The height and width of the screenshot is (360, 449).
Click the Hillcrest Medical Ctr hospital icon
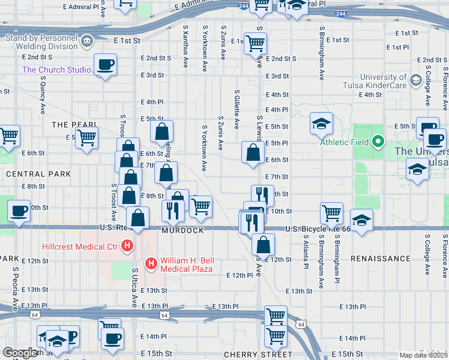coord(127,245)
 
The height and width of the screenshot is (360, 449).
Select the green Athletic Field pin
coord(378,142)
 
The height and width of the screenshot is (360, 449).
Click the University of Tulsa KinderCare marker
coord(415,80)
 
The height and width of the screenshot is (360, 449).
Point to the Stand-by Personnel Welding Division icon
coord(88,41)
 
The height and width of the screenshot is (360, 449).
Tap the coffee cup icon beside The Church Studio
coord(105,65)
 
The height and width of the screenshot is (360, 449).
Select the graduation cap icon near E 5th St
coord(321,124)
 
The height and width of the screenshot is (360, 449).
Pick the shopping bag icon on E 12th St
coord(263,244)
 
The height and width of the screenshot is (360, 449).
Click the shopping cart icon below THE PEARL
coord(87,138)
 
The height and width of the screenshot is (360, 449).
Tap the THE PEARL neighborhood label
coord(74,124)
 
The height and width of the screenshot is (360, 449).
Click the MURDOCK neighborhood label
coord(182,230)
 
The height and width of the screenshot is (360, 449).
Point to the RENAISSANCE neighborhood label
coord(380,259)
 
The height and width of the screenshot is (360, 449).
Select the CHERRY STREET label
coord(249,355)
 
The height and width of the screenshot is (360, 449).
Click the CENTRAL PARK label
coord(38,174)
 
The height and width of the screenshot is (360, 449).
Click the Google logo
coord(20,353)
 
